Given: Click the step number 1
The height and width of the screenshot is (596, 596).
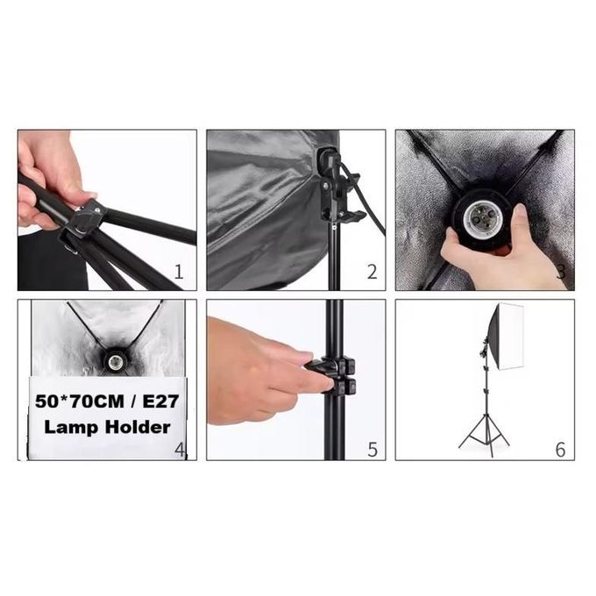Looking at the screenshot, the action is [x=179, y=273].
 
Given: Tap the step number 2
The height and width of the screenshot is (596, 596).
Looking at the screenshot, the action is [x=372, y=273].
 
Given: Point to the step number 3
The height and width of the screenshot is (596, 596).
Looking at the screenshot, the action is [x=561, y=273].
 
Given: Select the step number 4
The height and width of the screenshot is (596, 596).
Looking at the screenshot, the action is [x=180, y=450].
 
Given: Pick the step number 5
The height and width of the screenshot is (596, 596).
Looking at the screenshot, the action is [x=372, y=450].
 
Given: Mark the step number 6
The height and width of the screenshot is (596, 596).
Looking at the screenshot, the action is [x=561, y=450].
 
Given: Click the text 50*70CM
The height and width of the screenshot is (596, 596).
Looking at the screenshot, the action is [x=80, y=401].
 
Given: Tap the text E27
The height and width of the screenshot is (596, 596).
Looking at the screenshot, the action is [x=160, y=401].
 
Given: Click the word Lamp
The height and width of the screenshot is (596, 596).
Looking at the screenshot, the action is [x=72, y=428].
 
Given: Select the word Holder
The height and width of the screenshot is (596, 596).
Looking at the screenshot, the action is [x=138, y=427].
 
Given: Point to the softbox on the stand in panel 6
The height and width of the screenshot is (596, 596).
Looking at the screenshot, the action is [x=506, y=336].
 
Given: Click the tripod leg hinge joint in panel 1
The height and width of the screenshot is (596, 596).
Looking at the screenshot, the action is [x=84, y=222].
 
